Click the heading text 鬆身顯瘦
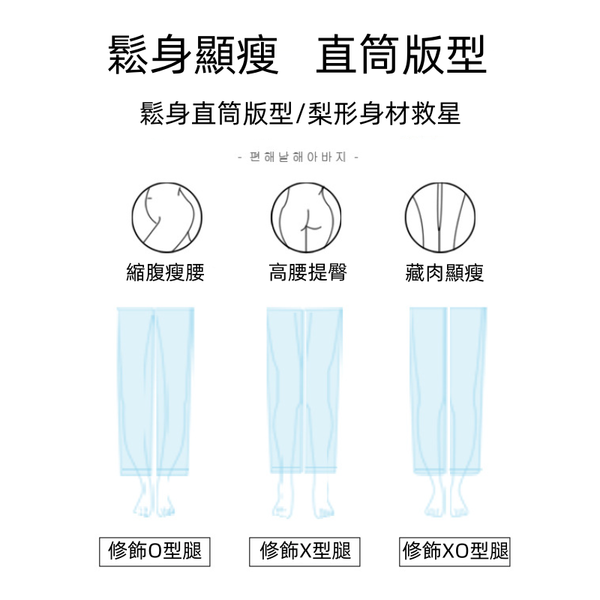pyautogui.click(x=193, y=55)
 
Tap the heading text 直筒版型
pyautogui.click(x=401, y=55)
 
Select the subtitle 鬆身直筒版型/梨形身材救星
pyautogui.click(x=300, y=114)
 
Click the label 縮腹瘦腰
pyautogui.click(x=165, y=272)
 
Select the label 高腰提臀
pyautogui.click(x=307, y=272)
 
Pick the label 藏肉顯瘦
pyautogui.click(x=445, y=272)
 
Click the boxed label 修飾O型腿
pyautogui.click(x=155, y=551)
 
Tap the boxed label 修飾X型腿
pyautogui.click(x=305, y=551)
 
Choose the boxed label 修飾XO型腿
pyautogui.click(x=455, y=551)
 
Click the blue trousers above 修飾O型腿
pyautogui.click(x=155, y=390)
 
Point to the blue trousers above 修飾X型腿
pyautogui.click(x=305, y=390)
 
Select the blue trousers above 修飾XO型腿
pyautogui.click(x=448, y=390)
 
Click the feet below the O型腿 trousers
pyautogui.click(x=155, y=502)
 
